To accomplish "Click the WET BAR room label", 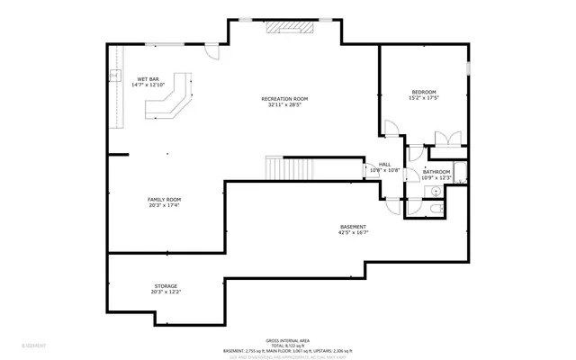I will (148, 79).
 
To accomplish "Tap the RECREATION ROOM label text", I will (284, 98).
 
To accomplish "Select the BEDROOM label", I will (424, 92).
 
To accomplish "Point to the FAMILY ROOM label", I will (165, 199).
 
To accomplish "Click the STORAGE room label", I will (165, 285).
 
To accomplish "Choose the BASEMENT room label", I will (353, 226).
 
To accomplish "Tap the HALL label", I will (384, 165).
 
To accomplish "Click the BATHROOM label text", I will (436, 171).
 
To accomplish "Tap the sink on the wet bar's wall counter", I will (114, 75).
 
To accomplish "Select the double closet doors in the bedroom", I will (447, 139).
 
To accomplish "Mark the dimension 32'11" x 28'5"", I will (284, 104).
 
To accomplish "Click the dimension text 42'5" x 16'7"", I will (353, 232).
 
